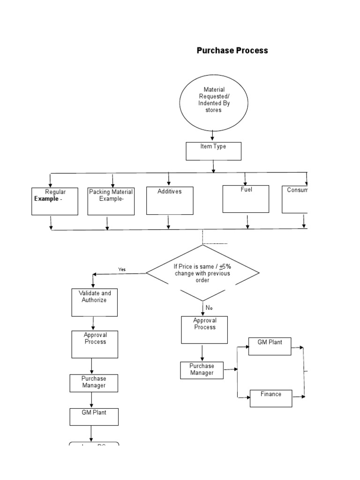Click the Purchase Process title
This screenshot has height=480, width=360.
tap(232, 51)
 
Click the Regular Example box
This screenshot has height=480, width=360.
tap(55, 201)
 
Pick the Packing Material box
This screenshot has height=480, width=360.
tap(111, 201)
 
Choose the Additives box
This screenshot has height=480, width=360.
tap(169, 201)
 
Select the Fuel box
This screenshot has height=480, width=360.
tap(246, 199)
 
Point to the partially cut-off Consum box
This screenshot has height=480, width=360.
tap(295, 199)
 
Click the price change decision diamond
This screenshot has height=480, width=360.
tap(202, 273)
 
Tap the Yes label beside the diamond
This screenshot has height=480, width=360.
tap(122, 270)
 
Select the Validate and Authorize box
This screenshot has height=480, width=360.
tap(95, 302)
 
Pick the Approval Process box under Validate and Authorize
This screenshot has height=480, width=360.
tap(95, 344)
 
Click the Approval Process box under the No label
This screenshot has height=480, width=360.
tap(204, 330)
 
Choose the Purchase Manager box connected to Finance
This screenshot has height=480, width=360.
tap(202, 370)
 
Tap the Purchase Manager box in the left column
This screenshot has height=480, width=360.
tap(94, 383)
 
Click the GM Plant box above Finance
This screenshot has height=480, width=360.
tap(270, 346)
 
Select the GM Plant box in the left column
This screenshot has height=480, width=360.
tap(94, 417)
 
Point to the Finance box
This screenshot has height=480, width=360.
tap(270, 398)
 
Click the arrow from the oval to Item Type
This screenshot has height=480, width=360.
tap(212, 136)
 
